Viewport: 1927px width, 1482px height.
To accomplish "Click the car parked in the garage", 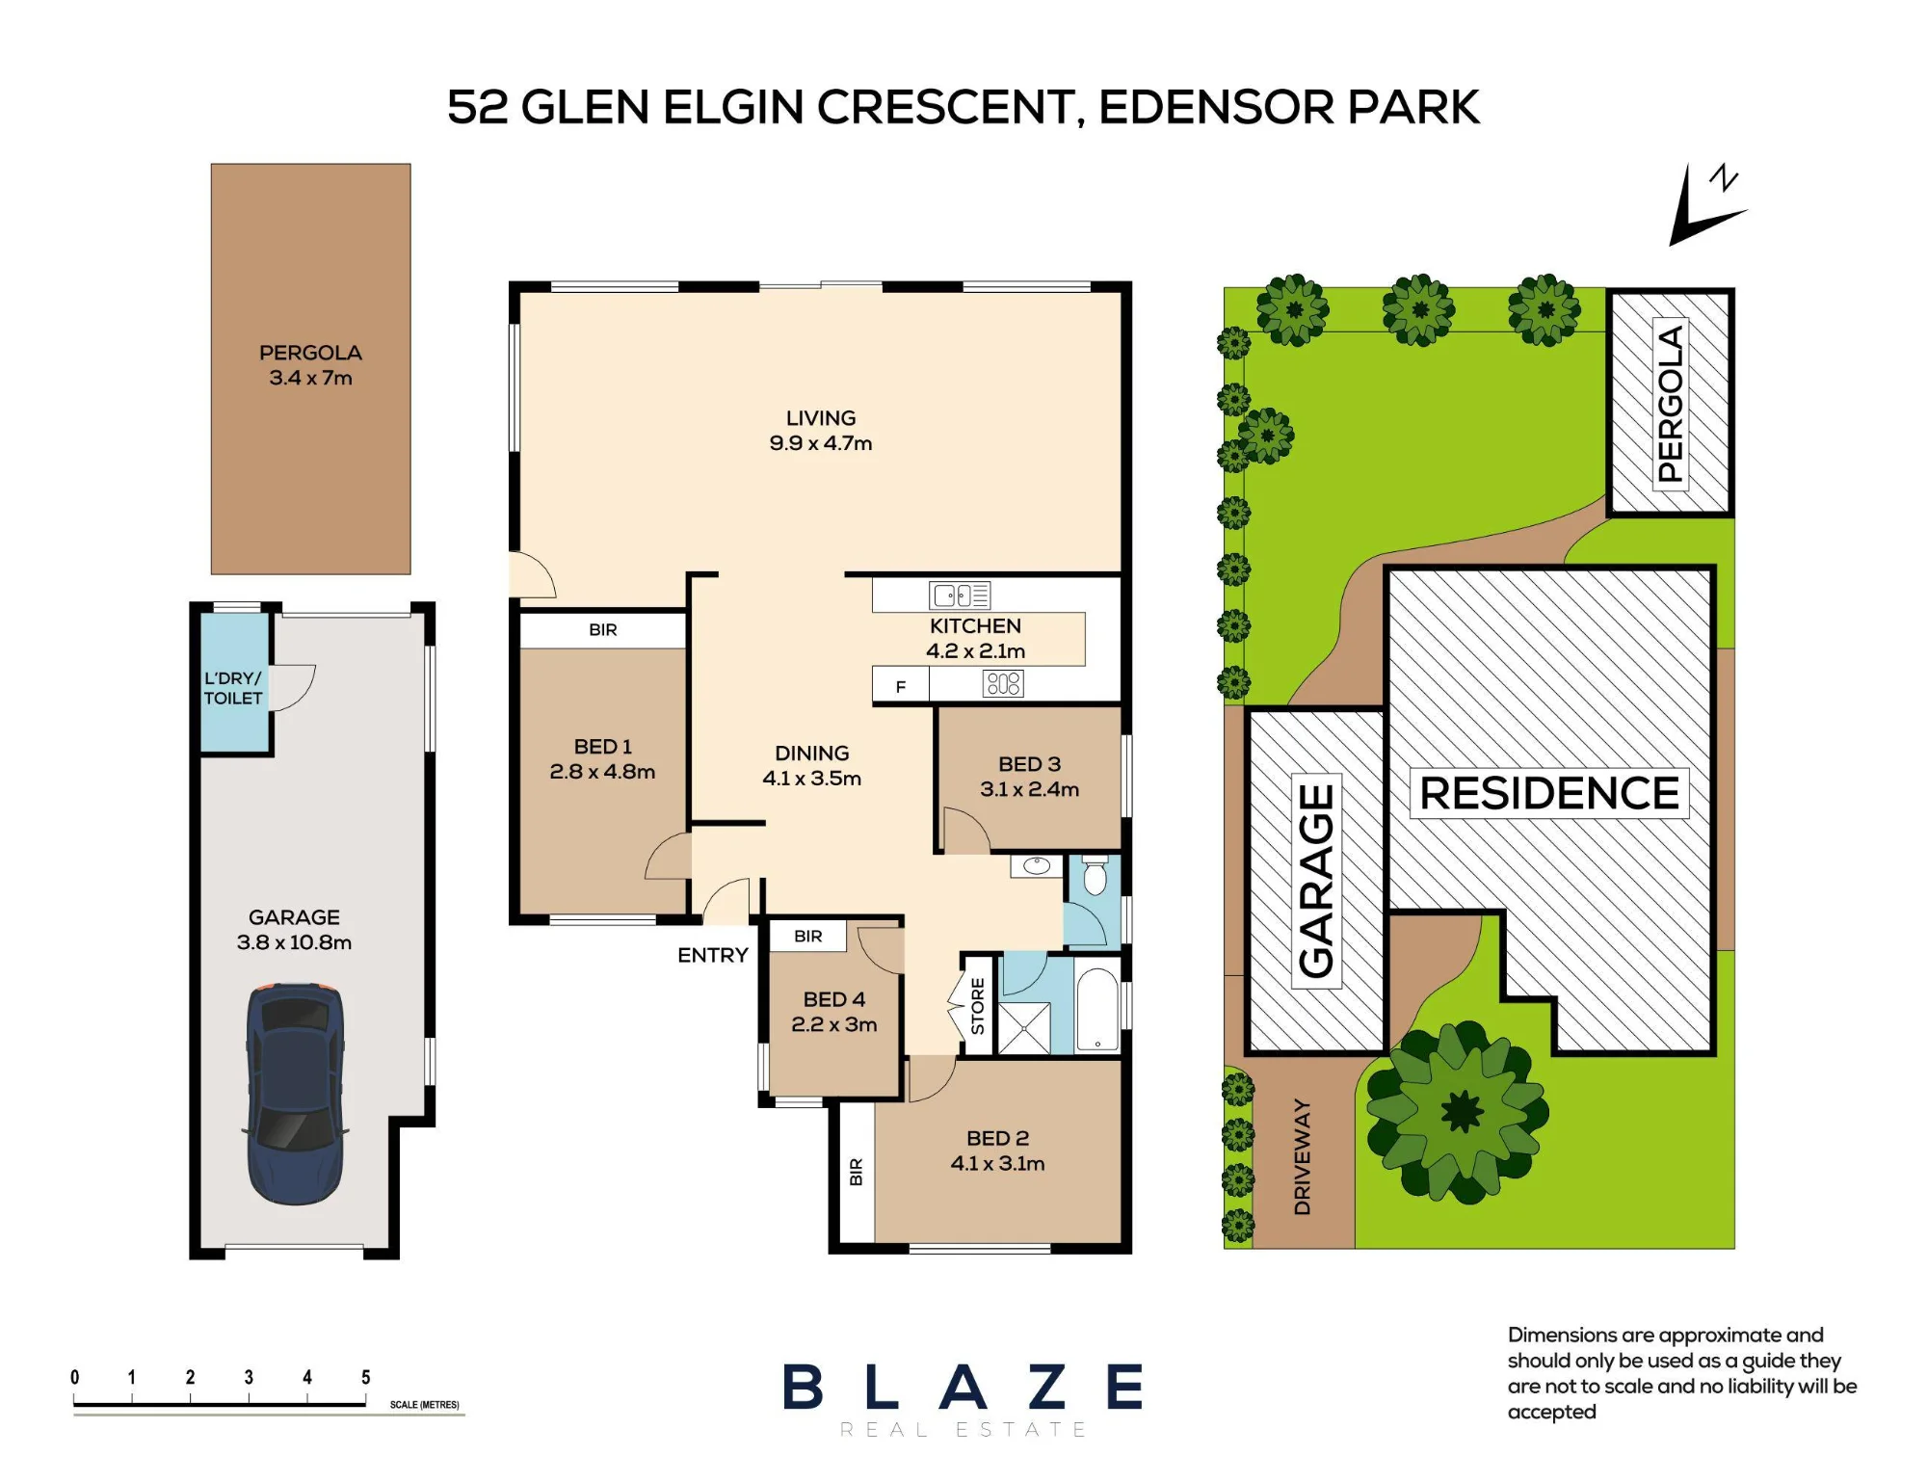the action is coord(295,1094).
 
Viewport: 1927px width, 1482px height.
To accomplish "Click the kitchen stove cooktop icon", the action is coord(1003,684).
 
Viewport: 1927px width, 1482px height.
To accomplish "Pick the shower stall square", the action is coord(1023,1028).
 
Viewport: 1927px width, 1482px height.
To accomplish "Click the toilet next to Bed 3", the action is coord(1095,875).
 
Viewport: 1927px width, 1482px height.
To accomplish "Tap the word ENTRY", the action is coord(713,955).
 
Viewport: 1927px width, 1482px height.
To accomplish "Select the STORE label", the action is coord(978,1006).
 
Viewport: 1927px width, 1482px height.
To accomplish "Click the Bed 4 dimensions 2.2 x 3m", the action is coord(834,1025).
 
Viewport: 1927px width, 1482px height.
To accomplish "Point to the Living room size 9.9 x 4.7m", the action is coord(821,443).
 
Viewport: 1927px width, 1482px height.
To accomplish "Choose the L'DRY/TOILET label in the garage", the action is coord(233,688).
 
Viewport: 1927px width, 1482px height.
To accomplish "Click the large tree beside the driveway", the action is coord(1458,1112).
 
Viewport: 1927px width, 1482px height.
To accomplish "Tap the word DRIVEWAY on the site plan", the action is coord(1302,1156).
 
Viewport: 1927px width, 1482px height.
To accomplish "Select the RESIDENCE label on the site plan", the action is coord(1549,793).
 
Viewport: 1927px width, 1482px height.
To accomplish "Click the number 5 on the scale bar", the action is coord(366,1377).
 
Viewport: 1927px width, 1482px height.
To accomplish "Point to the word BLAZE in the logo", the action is coord(963,1388).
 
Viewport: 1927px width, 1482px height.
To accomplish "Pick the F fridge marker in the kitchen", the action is coord(901,687).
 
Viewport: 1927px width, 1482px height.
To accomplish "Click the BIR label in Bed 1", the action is coord(603,630).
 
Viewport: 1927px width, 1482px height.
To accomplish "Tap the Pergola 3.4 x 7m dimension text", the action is coord(311,378).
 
